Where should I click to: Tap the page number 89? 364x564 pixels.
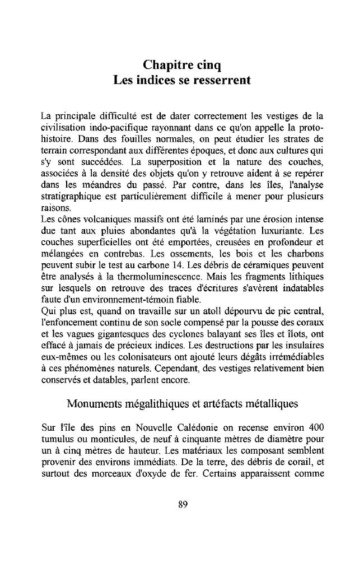click(x=182, y=504)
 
